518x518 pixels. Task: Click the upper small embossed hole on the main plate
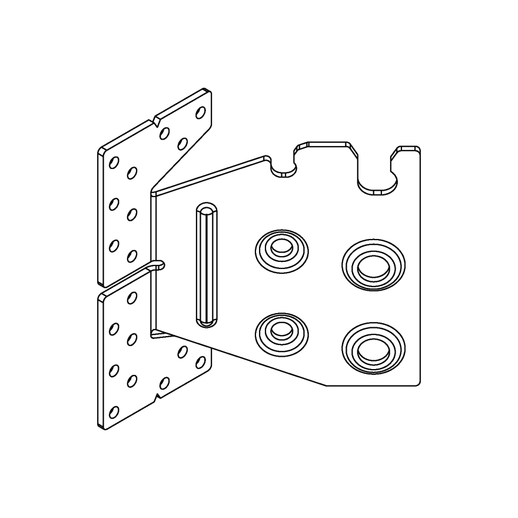click(281, 250)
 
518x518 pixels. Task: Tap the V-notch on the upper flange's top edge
click(157, 121)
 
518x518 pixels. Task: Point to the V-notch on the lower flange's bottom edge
click(157, 398)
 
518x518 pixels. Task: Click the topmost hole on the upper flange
click(200, 112)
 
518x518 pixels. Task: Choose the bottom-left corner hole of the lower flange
click(114, 412)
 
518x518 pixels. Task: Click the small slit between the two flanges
click(158, 266)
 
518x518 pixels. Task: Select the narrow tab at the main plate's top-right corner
click(409, 151)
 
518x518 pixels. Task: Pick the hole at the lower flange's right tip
click(200, 361)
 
